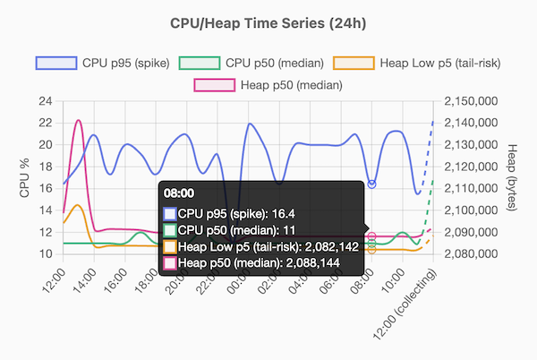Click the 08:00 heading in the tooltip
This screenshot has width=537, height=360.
point(175,193)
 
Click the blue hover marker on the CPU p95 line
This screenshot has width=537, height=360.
point(371,184)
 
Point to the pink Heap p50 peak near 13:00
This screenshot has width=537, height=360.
point(79,120)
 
